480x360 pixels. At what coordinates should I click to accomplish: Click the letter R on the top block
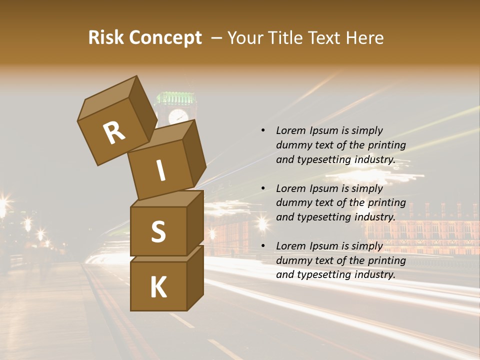tap(114, 133)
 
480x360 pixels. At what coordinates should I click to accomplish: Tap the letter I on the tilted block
tap(161, 171)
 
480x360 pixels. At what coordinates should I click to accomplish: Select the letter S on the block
tap(158, 231)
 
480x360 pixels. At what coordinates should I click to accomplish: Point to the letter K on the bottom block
tap(158, 287)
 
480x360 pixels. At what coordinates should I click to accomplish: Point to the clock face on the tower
tap(178, 116)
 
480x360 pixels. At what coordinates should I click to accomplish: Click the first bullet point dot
tap(263, 131)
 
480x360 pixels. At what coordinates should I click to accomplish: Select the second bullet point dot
tap(263, 188)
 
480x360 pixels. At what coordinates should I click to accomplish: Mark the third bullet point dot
tap(263, 246)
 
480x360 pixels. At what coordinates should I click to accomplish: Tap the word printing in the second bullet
tap(386, 202)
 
